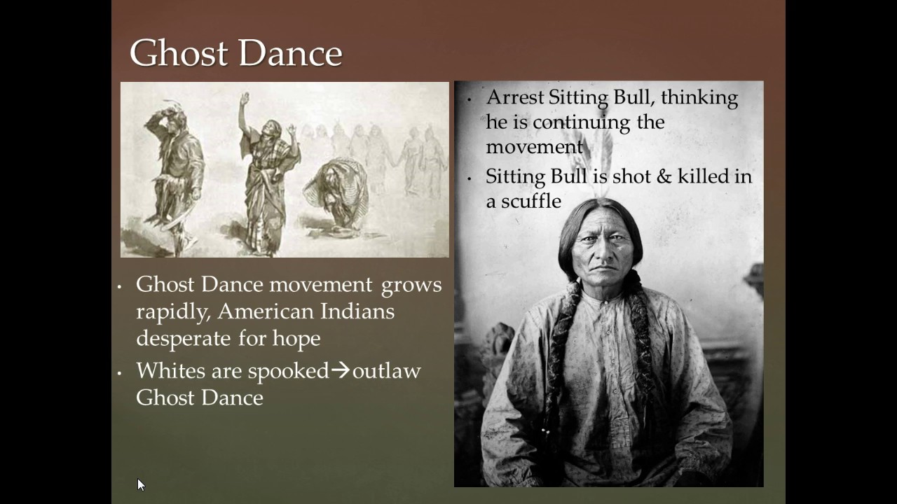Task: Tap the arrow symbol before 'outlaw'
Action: pos(341,370)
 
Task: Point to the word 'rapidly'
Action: pos(169,311)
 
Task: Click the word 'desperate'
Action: pos(184,338)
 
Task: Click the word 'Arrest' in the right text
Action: pos(515,97)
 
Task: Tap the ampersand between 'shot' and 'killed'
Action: pos(662,176)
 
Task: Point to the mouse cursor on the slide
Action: pos(140,484)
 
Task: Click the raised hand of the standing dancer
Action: pos(244,98)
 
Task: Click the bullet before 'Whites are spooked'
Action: pos(120,372)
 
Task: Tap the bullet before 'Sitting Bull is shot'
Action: pos(470,178)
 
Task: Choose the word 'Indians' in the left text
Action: pos(357,311)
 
